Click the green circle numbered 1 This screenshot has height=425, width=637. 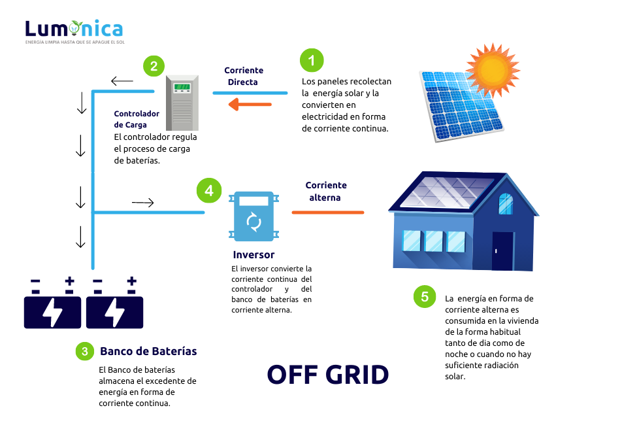click(x=312, y=61)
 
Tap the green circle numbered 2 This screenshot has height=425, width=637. click(x=154, y=65)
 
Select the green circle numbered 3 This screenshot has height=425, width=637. click(x=84, y=351)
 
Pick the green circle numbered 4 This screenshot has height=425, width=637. click(x=208, y=190)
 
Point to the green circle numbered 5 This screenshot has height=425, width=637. click(x=425, y=297)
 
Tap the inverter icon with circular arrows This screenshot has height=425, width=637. click(x=253, y=216)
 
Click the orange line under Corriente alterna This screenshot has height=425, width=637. click(x=327, y=212)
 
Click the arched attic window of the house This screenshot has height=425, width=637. click(x=506, y=203)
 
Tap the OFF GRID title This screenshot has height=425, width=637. click(x=327, y=374)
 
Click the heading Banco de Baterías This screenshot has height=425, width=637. click(x=148, y=351)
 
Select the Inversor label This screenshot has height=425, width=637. click(x=253, y=255)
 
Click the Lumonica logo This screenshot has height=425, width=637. click(x=74, y=30)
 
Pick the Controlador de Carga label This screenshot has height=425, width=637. click(x=137, y=119)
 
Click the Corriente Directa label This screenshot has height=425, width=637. click(x=244, y=76)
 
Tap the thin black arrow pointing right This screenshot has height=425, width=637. click(x=142, y=203)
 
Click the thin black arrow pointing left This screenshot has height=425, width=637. click(x=122, y=81)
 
